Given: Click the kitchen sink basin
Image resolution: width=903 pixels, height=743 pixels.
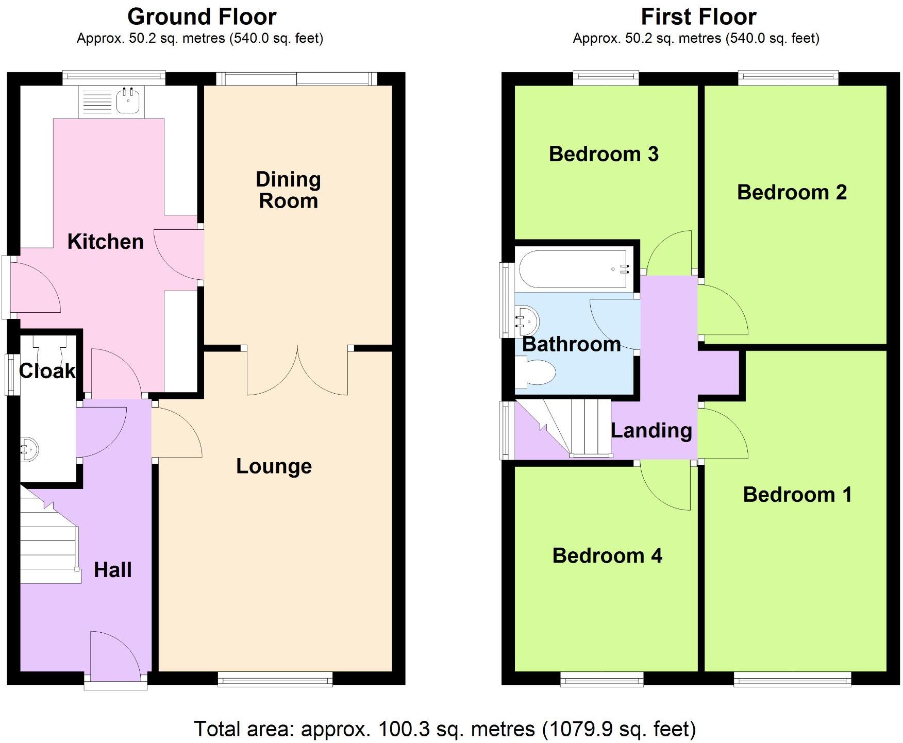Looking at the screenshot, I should pyautogui.click(x=128, y=100).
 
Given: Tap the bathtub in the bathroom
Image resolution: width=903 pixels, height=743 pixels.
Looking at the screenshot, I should pyautogui.click(x=573, y=269).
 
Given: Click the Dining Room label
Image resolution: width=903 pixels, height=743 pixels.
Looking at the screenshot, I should pyautogui.click(x=288, y=190).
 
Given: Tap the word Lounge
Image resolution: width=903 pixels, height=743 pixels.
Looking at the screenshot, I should pyautogui.click(x=274, y=466).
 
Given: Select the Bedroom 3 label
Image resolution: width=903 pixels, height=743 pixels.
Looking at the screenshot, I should pyautogui.click(x=604, y=154).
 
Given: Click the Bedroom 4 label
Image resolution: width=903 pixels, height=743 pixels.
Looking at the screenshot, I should pyautogui.click(x=607, y=555).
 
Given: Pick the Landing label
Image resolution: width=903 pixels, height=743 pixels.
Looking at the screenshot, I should pyautogui.click(x=651, y=430).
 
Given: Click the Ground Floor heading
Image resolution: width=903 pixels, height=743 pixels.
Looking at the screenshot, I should pyautogui.click(x=202, y=17).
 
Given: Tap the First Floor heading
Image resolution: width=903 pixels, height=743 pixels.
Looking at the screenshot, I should pyautogui.click(x=698, y=17).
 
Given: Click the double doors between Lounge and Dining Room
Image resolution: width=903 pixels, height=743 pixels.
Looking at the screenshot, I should pyautogui.click(x=297, y=372).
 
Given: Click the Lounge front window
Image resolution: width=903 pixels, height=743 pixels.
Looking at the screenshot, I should pyautogui.click(x=275, y=680).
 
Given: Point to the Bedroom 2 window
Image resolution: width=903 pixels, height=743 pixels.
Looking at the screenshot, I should pyautogui.click(x=788, y=78).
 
